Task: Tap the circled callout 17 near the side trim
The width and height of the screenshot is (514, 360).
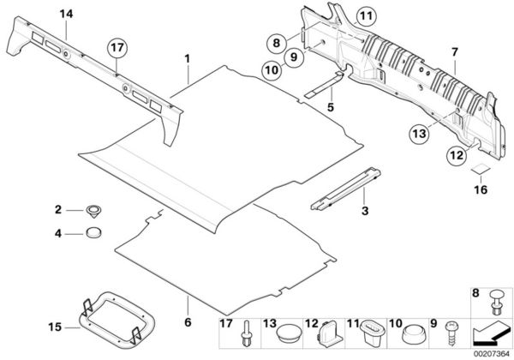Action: (117, 49)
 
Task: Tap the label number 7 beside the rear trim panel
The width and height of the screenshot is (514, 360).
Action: (455, 54)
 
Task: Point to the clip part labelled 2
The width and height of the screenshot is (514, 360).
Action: (93, 210)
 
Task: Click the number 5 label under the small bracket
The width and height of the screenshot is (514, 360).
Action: (329, 108)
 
